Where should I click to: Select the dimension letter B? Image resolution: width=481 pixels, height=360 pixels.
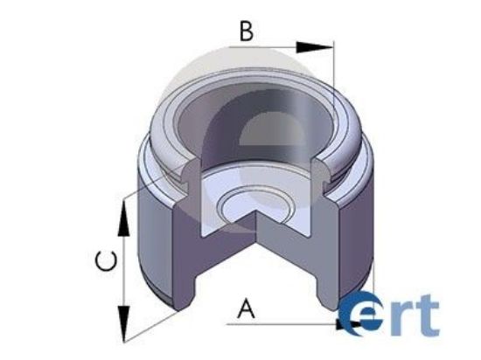pos(247,32)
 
